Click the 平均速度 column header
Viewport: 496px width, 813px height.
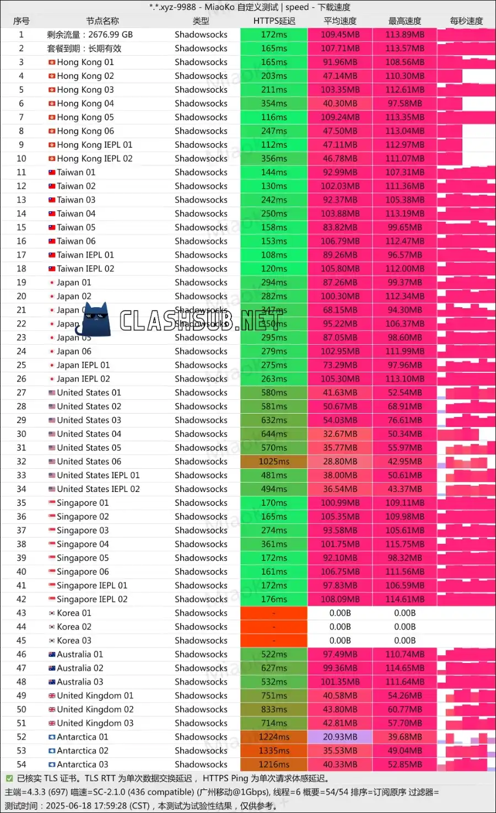[x=340, y=21]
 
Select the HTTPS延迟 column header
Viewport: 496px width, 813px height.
[x=274, y=21]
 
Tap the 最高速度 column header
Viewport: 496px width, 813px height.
[x=405, y=21]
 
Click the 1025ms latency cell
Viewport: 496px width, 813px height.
[x=274, y=462]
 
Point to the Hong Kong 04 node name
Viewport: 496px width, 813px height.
[x=85, y=104]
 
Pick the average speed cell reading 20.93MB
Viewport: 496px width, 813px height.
[x=340, y=737]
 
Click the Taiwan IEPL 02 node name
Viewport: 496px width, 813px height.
[x=85, y=269]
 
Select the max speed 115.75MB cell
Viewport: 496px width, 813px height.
[x=405, y=544]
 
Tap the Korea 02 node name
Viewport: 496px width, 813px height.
[x=74, y=627]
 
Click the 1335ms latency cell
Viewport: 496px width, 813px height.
[x=274, y=751]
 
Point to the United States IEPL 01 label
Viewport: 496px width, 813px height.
[x=98, y=475]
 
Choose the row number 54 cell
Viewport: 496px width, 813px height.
[x=21, y=764]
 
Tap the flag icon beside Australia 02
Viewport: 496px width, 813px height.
[x=52, y=668]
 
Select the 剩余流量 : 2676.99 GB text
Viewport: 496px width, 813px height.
[x=90, y=35]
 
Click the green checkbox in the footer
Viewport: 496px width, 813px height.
[x=9, y=778]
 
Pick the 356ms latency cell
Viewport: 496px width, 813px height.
[x=274, y=159]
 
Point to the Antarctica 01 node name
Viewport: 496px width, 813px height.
[x=82, y=737]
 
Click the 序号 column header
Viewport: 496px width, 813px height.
[x=21, y=21]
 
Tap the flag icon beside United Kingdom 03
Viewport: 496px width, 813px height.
[x=52, y=723]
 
